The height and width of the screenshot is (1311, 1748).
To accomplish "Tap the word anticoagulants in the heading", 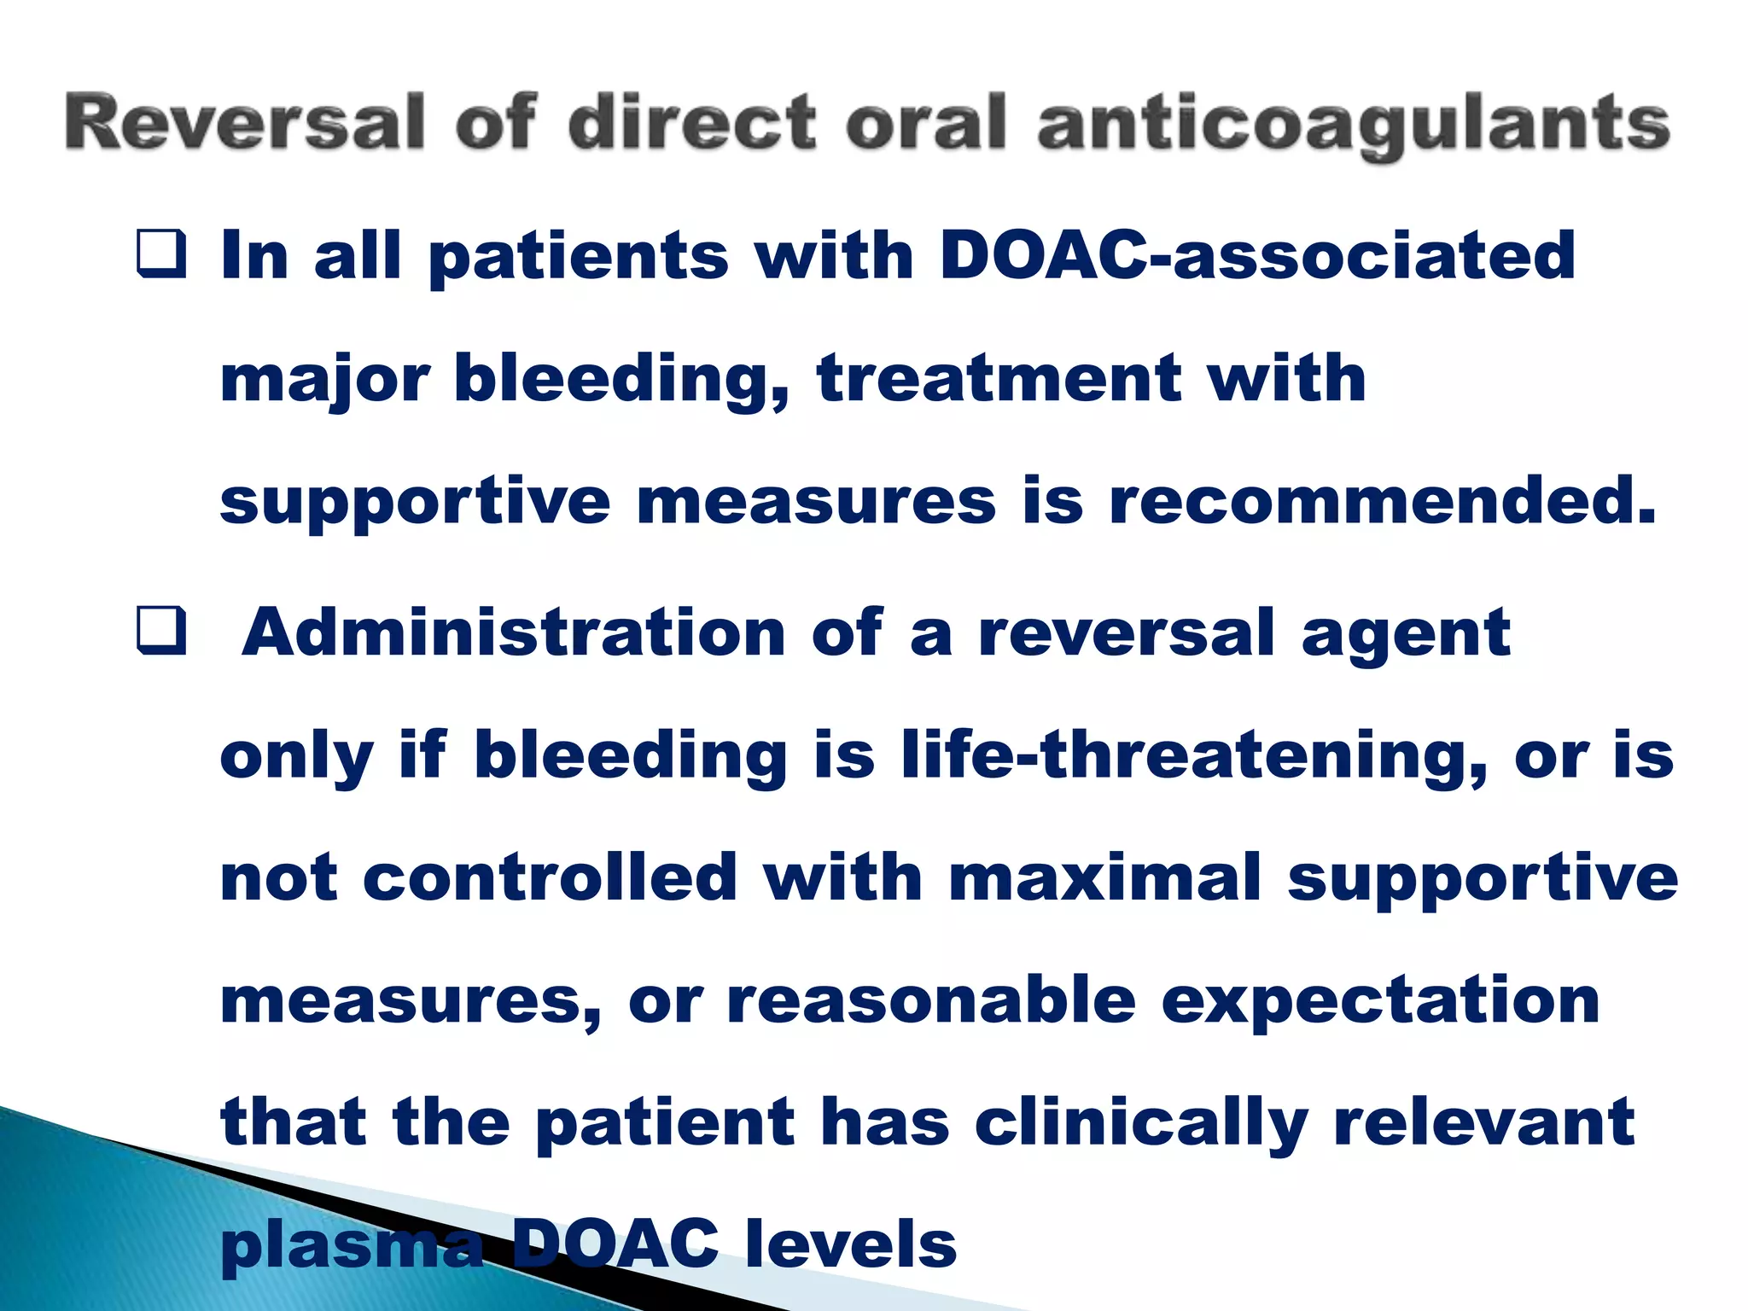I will pos(1353,126).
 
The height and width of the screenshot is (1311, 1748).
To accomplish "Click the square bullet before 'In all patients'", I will pos(161,255).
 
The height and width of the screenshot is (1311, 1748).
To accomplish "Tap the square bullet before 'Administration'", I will pos(161,632).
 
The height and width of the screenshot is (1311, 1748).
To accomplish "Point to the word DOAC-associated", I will pos(1256,255).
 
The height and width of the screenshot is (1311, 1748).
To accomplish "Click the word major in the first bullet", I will pos(325,380).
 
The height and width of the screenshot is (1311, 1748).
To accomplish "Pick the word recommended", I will pos(1383,501).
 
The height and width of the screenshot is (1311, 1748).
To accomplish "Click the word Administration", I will pos(513,632).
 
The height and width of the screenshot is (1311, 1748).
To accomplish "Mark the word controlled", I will pos(550,877).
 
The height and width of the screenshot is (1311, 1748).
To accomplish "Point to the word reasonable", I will pos(931,1000).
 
